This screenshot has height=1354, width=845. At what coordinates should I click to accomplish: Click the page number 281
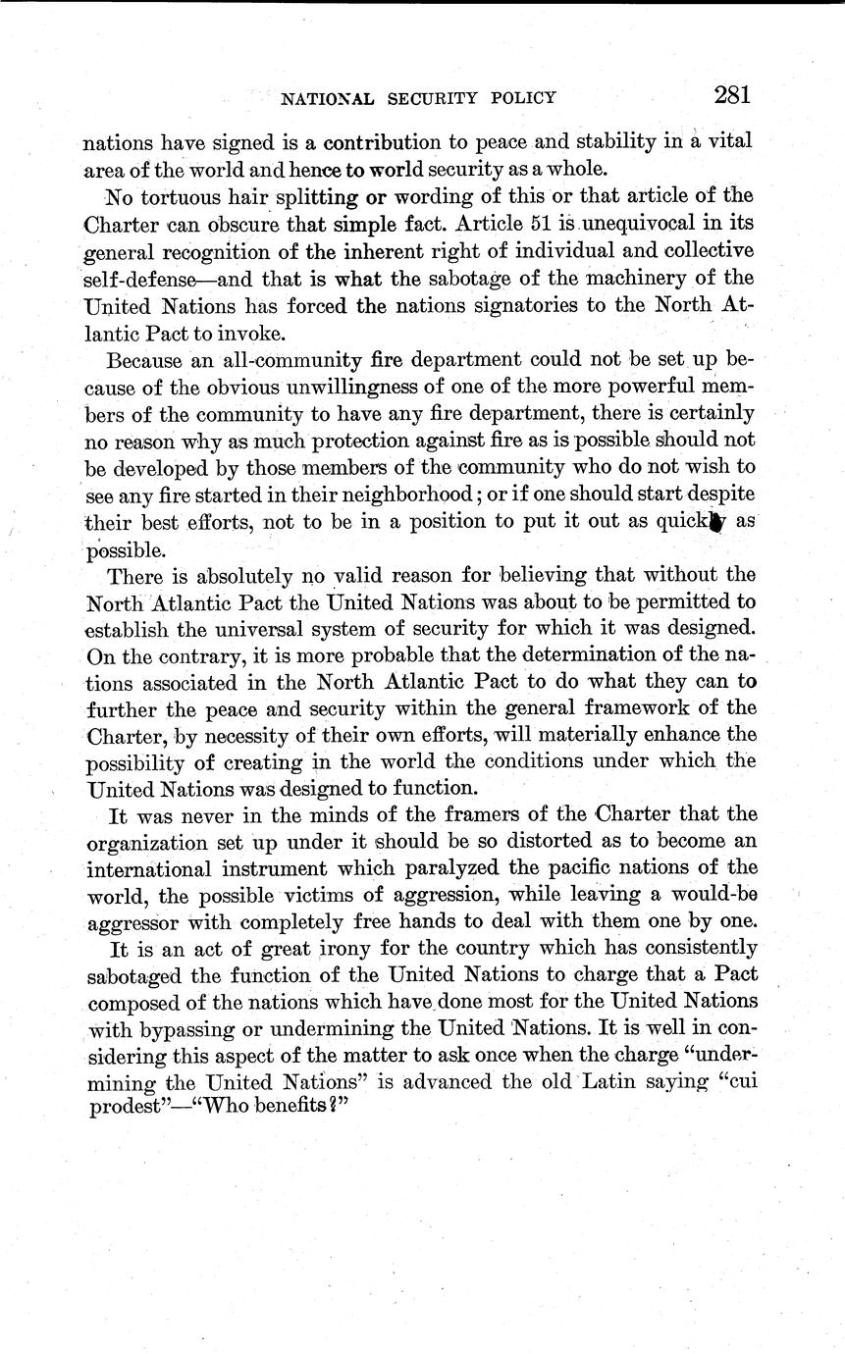click(x=732, y=95)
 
